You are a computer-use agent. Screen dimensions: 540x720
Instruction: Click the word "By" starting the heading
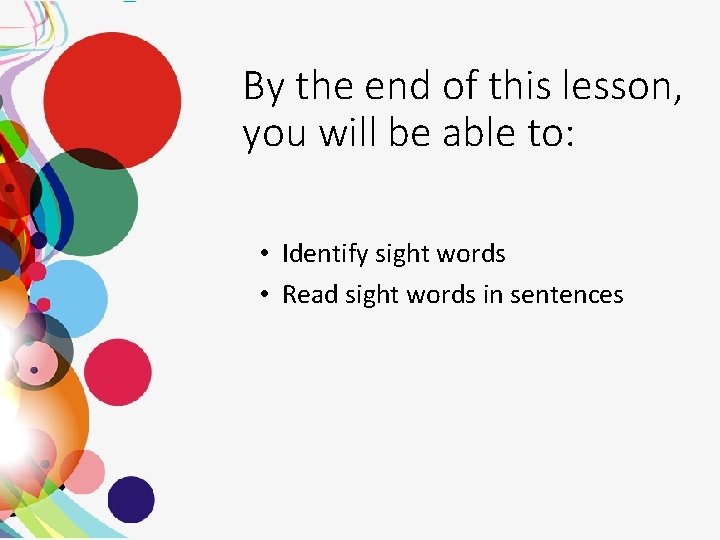[264, 88]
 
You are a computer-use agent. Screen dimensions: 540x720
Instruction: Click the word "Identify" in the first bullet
[325, 254]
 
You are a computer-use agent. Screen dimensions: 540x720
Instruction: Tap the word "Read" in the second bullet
[306, 295]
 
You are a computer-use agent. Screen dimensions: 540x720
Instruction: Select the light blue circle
[72, 299]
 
